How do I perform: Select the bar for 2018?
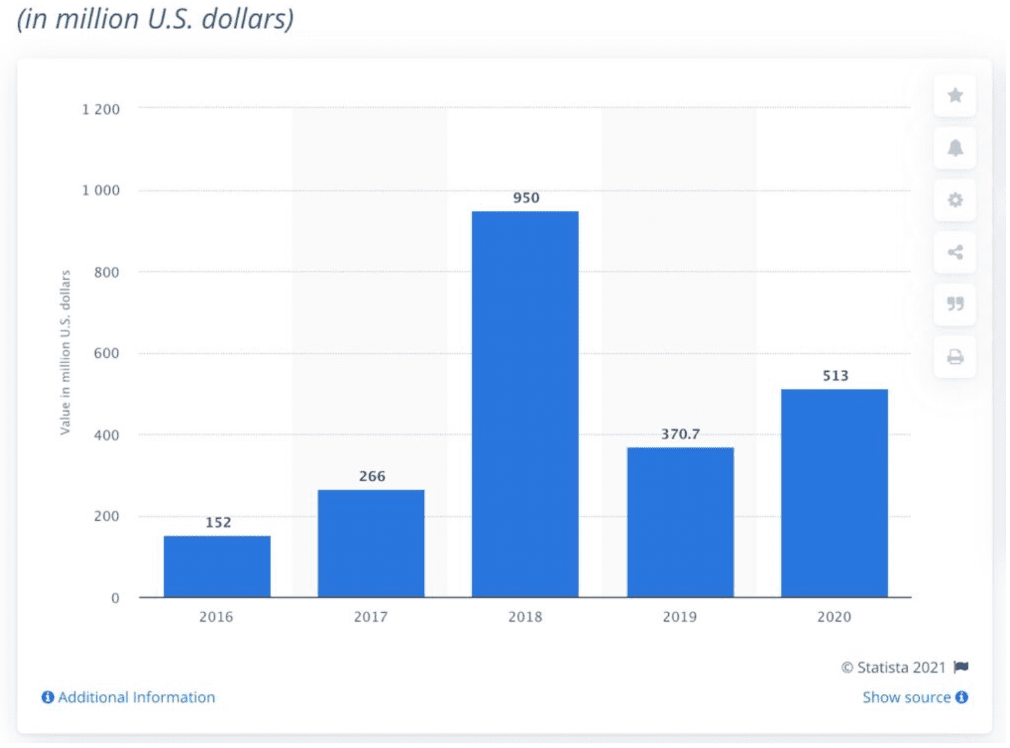coord(525,404)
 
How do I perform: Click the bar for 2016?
coord(217,567)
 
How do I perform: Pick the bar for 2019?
coord(680,522)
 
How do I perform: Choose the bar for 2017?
coord(371,543)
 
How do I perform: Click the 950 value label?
coord(526,198)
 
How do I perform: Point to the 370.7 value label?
coord(680,434)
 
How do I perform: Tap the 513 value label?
coord(835,376)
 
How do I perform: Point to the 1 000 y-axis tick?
coord(101,191)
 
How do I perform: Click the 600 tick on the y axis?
coord(107,354)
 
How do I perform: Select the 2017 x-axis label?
coord(371,617)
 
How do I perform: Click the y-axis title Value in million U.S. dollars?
coord(65,352)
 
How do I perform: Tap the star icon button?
coord(955,96)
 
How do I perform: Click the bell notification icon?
coord(955,148)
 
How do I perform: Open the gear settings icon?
coord(955,200)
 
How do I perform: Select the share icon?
coord(955,253)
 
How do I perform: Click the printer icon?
coord(955,357)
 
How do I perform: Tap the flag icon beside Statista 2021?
coord(961,668)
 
